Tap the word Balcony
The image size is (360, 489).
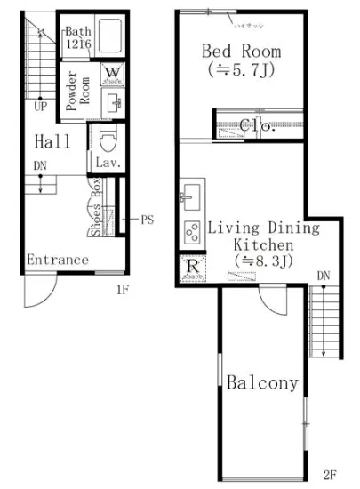[260, 384]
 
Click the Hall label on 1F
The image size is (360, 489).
[52, 141]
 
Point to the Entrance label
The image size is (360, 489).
[57, 260]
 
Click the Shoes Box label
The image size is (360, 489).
[96, 206]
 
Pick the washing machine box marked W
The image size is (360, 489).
[113, 74]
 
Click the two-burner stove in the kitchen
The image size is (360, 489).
[192, 233]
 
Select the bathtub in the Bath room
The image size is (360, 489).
[111, 37]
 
